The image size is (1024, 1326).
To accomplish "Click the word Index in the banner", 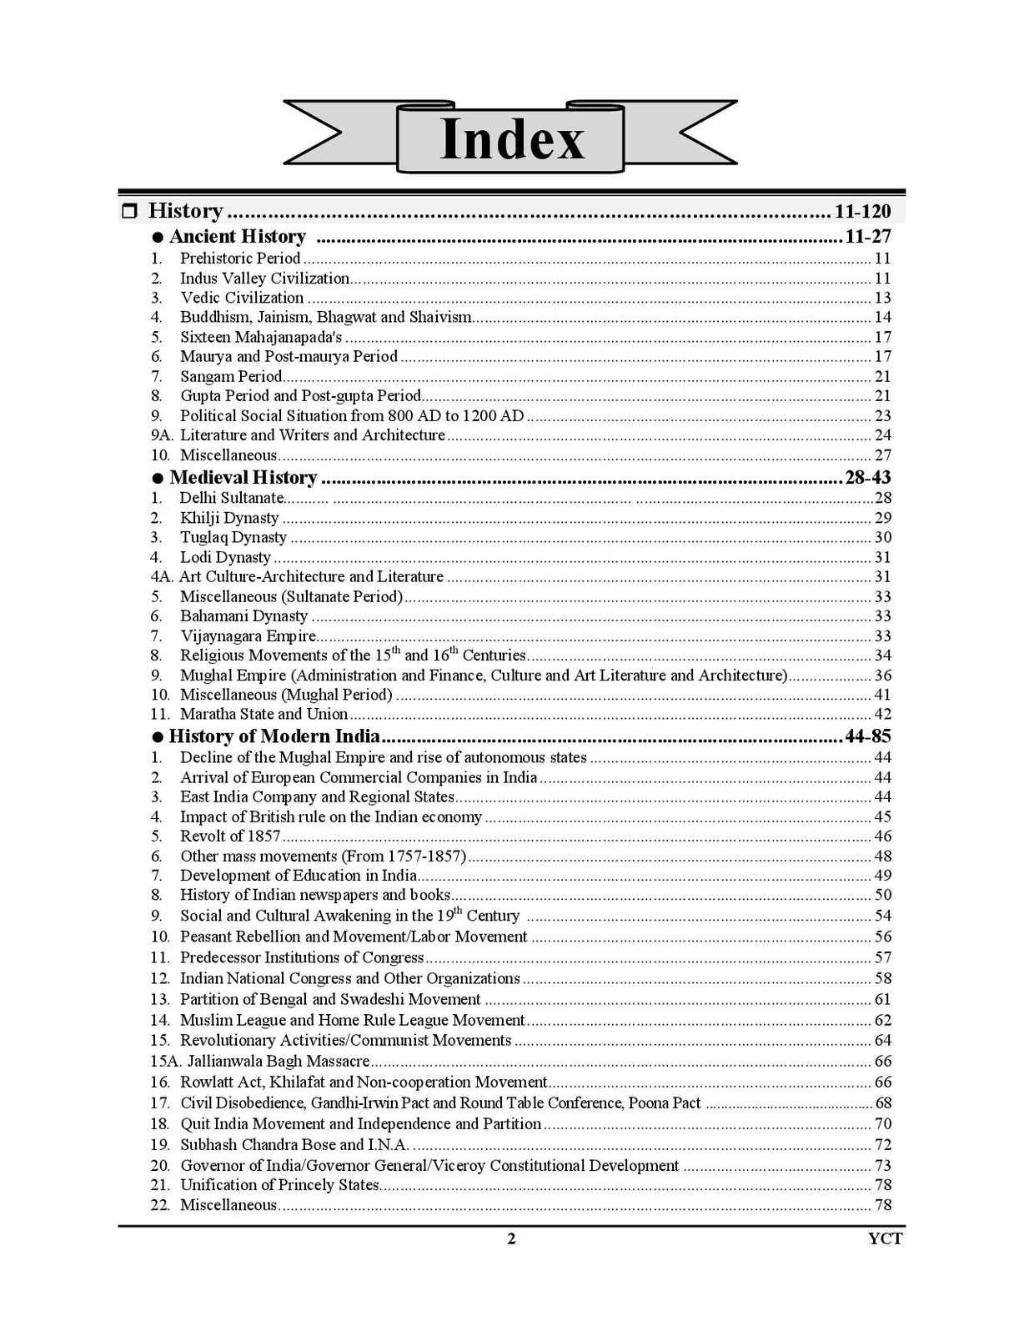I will point(511,139).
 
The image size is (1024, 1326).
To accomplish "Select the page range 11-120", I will point(862,211).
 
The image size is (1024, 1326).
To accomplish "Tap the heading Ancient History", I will point(238,237).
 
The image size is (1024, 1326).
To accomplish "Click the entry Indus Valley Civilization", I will point(264,279).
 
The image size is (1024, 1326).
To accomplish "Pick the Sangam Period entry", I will point(231,376).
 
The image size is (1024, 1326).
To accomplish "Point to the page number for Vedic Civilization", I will point(882,298).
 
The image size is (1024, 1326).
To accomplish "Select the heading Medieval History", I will point(243,478).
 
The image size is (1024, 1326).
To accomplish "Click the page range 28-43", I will point(867,478).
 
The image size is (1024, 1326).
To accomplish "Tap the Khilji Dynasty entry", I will point(229,518).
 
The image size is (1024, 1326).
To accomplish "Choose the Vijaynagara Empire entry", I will point(248,636).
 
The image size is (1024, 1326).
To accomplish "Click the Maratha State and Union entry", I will point(264,714).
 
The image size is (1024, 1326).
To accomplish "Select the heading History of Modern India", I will point(274,736).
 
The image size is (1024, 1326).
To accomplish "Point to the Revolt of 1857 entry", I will point(230,836).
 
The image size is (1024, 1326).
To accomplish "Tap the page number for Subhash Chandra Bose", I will point(882,1145).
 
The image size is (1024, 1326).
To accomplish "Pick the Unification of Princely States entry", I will point(279,1185).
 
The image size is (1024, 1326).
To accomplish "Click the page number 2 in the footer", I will point(511,1239).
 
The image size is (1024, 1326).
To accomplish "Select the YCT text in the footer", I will point(885,1239).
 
